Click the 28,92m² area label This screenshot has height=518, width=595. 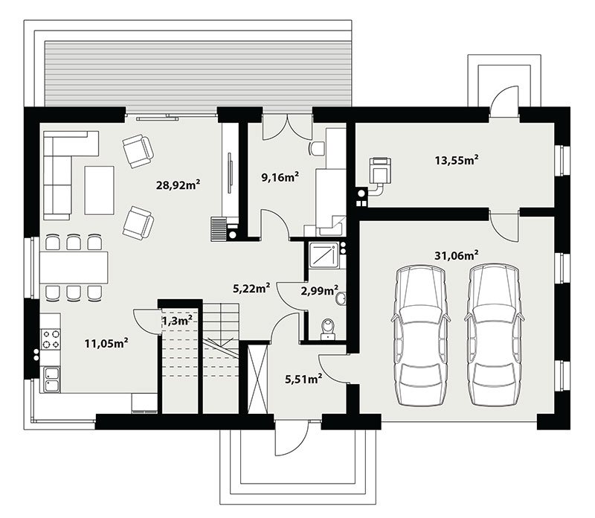(178, 185)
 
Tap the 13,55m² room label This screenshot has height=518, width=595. (457, 160)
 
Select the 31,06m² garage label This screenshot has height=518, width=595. (457, 255)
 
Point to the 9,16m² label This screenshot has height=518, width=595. (280, 176)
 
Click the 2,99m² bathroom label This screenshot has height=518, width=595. (320, 291)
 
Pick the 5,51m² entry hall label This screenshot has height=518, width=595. (303, 379)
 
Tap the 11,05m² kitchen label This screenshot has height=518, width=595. (106, 343)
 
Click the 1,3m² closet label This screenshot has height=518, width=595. (177, 321)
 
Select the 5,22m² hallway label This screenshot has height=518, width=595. (251, 288)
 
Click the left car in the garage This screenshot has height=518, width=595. (421, 336)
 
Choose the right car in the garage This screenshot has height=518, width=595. (494, 336)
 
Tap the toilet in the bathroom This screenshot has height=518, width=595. (327, 329)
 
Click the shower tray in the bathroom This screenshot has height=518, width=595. (324, 255)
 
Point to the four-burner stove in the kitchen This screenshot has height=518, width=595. (51, 339)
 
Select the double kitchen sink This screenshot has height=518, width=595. (51, 380)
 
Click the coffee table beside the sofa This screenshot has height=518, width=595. (99, 191)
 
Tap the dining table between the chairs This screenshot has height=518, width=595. (74, 268)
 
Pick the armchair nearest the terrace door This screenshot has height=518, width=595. (138, 151)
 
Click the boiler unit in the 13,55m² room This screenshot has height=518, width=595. (380, 170)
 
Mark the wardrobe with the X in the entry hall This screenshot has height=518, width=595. (257, 379)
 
